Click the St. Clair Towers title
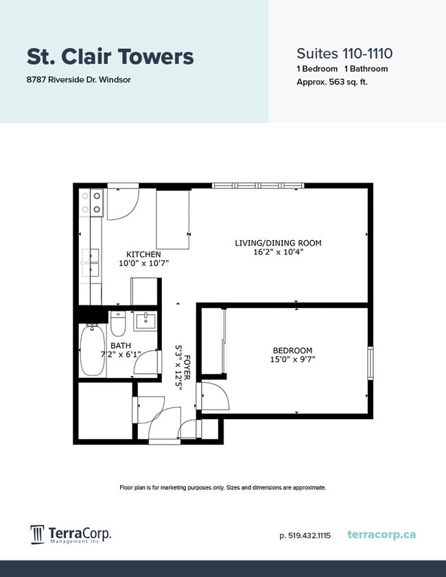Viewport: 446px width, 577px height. (110, 56)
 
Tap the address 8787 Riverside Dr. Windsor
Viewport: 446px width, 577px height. (79, 80)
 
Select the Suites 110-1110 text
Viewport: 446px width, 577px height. (344, 53)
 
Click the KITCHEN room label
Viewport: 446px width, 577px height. (143, 255)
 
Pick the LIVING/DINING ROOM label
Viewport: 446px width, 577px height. (278, 243)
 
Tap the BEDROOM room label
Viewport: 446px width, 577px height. (293, 350)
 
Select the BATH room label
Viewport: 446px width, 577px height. (121, 346)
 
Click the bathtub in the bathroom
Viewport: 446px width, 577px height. (92, 351)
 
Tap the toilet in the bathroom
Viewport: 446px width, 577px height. (118, 323)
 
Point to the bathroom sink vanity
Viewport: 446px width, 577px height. (145, 320)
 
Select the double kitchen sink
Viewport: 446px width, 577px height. (91, 263)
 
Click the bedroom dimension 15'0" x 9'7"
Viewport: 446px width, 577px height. (293, 359)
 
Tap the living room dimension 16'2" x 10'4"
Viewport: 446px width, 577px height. (278, 252)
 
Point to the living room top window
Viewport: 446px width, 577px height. (258, 185)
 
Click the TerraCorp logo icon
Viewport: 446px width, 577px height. (37, 534)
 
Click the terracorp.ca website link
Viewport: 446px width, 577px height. (382, 534)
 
